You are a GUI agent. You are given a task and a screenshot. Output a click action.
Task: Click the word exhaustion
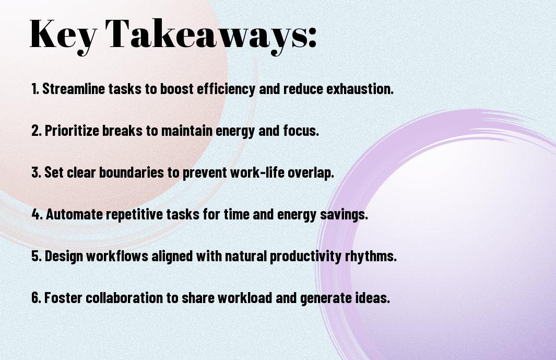(x=360, y=89)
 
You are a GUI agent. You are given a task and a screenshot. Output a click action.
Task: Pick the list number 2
(x=36, y=131)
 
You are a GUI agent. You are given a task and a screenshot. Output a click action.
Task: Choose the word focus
(x=301, y=131)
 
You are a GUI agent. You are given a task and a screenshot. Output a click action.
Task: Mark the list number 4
(x=37, y=214)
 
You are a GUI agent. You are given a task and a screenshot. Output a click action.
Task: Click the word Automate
(x=74, y=214)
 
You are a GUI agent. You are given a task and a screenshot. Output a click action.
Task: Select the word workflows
(x=117, y=256)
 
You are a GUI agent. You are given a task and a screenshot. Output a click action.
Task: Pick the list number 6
(x=36, y=298)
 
